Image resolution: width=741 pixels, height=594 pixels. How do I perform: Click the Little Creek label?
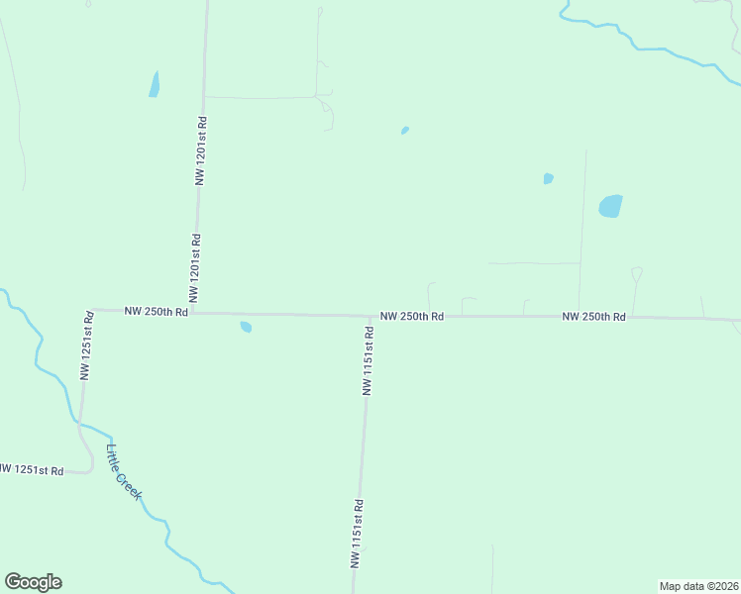coord(124,470)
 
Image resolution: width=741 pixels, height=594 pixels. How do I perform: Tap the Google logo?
coord(33,582)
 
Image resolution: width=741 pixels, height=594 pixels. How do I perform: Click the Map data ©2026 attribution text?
coord(698,586)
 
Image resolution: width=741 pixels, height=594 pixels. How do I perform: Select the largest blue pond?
coord(610,206)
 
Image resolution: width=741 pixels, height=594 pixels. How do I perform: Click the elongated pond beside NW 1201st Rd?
coord(155,84)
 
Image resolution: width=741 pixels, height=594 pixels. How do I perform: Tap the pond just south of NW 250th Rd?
coord(246,327)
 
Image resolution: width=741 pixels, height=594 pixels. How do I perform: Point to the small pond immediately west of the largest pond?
coord(548,179)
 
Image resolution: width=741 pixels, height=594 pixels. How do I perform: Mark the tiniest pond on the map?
coord(404,130)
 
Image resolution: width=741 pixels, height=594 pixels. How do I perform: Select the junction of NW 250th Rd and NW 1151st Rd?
coord(370,316)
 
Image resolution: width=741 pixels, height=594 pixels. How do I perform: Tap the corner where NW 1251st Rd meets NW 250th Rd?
coord(90,309)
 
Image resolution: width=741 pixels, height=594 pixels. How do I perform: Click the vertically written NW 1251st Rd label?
coord(87,346)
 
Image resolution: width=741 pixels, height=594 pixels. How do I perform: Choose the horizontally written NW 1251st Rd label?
coord(33,469)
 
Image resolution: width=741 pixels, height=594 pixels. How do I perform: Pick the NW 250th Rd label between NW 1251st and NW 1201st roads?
coord(156,311)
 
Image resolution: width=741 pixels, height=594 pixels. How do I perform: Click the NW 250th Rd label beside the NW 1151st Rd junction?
coord(411,316)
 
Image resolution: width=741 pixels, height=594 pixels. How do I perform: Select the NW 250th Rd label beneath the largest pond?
coord(593,317)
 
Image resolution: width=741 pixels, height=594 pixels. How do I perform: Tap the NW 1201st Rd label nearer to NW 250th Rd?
coord(196,268)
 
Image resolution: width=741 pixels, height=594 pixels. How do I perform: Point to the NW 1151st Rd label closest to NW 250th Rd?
coord(368,362)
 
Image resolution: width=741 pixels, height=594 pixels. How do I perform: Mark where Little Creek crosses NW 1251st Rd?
coord(79,424)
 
